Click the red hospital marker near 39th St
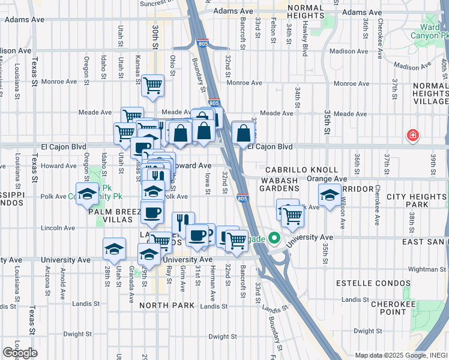(x=412, y=135)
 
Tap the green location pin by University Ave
(x=275, y=238)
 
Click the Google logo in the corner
(x=20, y=353)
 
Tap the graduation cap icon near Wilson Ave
(x=329, y=196)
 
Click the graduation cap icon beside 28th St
(x=114, y=248)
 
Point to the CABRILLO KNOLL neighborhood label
(x=295, y=170)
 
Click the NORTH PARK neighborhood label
(x=167, y=305)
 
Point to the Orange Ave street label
(x=327, y=179)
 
